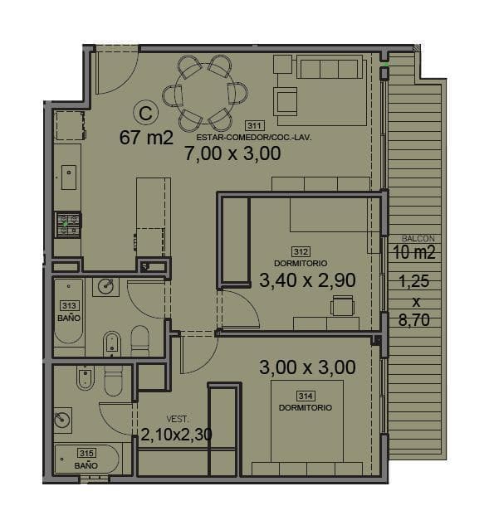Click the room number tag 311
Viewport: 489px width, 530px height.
pos(254,126)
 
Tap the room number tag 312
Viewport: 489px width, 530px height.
pos(301,252)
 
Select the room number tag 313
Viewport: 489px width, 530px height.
pos(69,305)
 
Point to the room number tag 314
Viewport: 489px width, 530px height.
pos(306,396)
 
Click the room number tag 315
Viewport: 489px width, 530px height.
pos(86,453)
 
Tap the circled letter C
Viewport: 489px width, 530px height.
pos(145,114)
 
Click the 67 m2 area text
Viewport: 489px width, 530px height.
pos(146,138)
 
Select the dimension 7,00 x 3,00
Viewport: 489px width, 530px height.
pos(232,153)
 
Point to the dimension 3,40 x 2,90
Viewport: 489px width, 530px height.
pos(307,280)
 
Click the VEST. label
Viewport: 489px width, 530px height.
pos(178,419)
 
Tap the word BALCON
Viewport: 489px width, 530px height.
pos(418,238)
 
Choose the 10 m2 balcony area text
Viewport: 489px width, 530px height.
pos(414,252)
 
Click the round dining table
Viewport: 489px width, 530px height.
pos(205,94)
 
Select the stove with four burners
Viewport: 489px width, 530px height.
pos(68,225)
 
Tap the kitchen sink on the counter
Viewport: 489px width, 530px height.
pos(69,177)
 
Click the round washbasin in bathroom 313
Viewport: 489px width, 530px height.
pos(106,286)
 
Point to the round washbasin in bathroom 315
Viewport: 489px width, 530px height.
pos(62,421)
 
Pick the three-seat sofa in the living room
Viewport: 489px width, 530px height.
pos(330,67)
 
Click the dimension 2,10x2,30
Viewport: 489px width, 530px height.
pos(176,435)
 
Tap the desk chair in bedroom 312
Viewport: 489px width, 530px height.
pos(343,305)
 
